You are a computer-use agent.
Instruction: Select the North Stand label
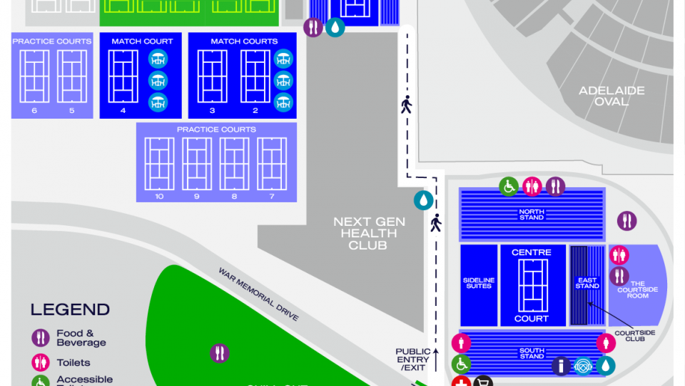(x=531, y=214)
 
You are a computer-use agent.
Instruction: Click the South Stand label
(x=532, y=353)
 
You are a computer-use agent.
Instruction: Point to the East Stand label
(x=587, y=283)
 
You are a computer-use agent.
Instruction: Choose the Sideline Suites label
(x=478, y=283)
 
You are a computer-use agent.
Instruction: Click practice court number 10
(x=159, y=164)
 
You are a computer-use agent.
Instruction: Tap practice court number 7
(x=272, y=164)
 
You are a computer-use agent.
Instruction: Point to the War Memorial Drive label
(x=258, y=294)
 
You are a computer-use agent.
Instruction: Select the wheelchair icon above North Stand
(x=508, y=187)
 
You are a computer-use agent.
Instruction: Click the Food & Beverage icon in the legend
(x=40, y=337)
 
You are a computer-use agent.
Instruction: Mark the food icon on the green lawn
(x=220, y=352)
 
